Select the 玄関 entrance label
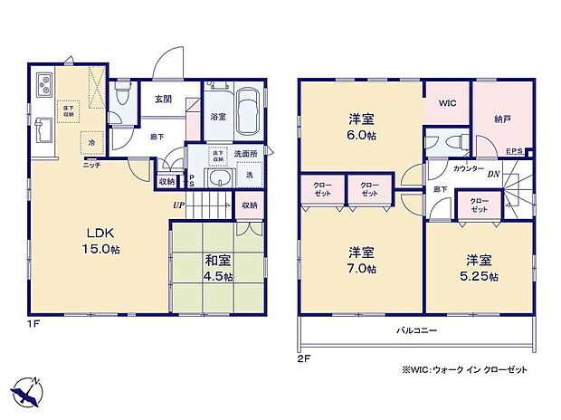tap(163, 100)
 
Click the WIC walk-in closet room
tap(447, 104)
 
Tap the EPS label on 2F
tap(513, 151)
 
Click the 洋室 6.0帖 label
tap(361, 126)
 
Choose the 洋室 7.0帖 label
tap(361, 260)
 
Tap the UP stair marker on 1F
tap(181, 205)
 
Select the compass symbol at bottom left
tap(28, 389)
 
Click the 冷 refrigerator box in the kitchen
tap(92, 142)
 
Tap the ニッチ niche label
tap(91, 165)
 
